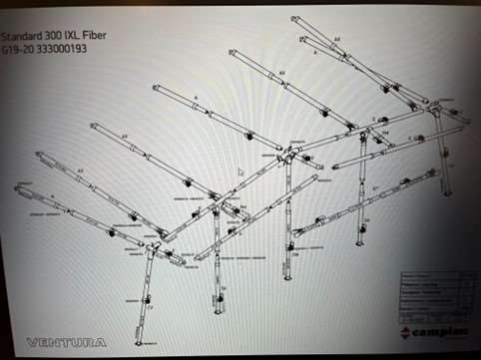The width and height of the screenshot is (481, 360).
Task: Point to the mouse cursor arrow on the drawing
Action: [240, 173]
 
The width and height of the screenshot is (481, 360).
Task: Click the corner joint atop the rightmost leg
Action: [436, 108]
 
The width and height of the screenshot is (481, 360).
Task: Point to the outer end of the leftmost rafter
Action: [17, 186]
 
